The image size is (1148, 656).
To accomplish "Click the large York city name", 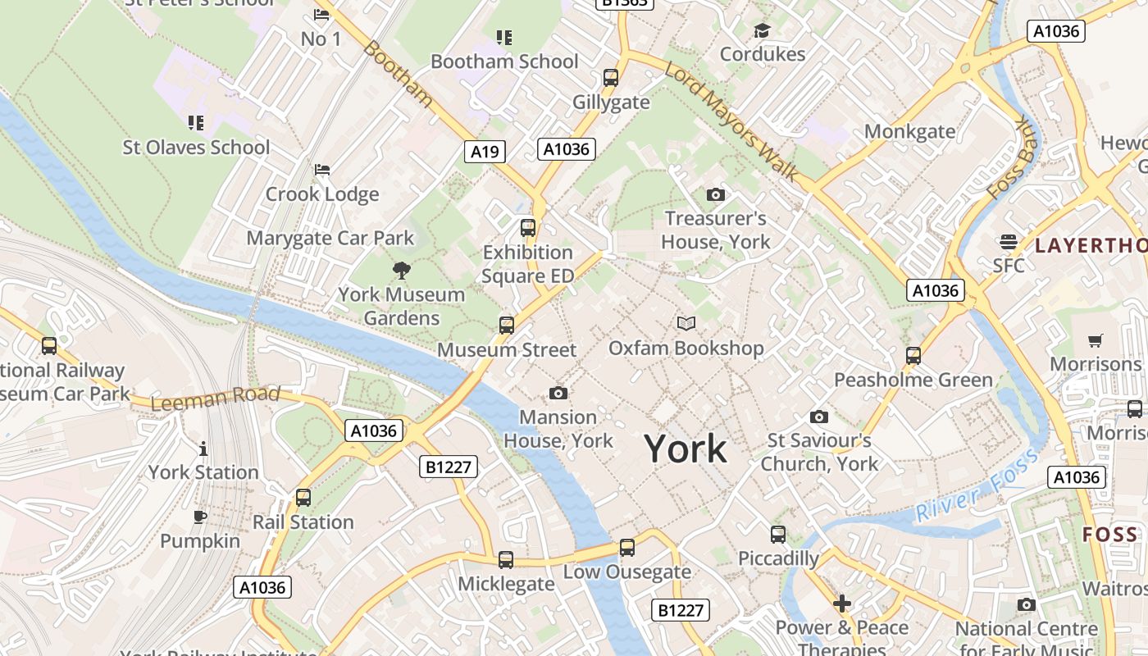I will point(686,449).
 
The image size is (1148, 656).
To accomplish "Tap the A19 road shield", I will point(485,151).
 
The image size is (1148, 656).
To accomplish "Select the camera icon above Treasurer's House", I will point(716,195).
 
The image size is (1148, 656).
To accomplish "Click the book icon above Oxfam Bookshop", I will point(686,324).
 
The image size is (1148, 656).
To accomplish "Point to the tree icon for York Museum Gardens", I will point(402,270).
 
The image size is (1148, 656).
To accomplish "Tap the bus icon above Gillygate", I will point(611,78).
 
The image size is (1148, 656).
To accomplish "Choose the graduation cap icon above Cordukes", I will point(763,31).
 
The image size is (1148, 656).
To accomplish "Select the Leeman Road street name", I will point(216,399).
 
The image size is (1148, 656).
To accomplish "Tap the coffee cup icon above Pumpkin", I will point(200,517).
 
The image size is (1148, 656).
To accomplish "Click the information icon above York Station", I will point(203,449).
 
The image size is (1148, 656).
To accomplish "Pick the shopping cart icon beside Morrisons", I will point(1096,340).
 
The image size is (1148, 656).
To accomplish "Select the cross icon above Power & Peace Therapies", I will point(842,604).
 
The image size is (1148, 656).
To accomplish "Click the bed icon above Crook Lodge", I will point(322,171).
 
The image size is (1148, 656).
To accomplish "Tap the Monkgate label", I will point(910,131).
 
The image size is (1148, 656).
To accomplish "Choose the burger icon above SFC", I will point(1009,242).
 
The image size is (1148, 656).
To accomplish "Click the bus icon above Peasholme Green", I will point(913,356).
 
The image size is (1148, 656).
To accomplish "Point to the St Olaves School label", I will point(196,148).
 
